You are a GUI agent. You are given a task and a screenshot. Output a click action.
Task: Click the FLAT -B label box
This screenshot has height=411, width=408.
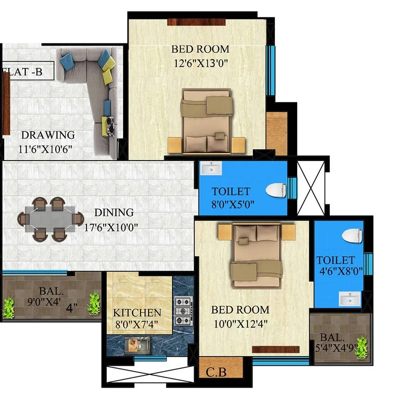[x=27, y=71]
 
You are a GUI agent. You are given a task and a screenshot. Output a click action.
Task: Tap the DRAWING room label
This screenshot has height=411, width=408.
[x=48, y=135]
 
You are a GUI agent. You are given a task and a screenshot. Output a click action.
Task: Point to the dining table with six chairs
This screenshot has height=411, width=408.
[x=50, y=219]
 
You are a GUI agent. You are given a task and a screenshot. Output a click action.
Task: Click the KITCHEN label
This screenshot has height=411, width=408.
[x=137, y=313]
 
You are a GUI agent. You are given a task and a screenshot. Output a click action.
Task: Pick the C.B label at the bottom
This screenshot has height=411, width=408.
[x=216, y=372]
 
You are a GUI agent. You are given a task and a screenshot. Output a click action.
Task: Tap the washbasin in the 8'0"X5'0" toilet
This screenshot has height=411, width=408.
[x=211, y=168]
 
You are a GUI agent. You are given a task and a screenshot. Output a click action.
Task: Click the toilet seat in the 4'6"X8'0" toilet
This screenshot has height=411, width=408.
[x=352, y=236]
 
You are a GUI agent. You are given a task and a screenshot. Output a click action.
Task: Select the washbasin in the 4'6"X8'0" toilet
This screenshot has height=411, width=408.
[x=350, y=299]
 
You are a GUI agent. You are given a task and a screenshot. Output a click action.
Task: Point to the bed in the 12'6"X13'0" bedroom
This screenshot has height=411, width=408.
[x=206, y=121]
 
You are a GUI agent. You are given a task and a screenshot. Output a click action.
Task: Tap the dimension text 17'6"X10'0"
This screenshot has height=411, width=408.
[x=111, y=227]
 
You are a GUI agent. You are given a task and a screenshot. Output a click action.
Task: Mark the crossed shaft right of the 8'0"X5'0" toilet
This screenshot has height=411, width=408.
[x=310, y=188]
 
